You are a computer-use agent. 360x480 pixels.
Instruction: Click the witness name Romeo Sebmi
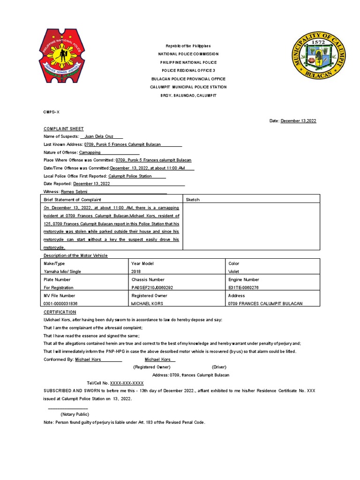(74, 192)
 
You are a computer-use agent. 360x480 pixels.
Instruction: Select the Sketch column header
(193, 200)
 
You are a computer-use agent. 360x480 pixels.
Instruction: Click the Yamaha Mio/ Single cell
(62, 271)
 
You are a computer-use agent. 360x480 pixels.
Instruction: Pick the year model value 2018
(136, 271)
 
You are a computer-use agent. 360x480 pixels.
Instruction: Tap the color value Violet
(233, 271)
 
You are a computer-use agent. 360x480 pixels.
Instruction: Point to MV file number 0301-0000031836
(60, 303)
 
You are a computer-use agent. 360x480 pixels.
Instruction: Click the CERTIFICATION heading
(60, 312)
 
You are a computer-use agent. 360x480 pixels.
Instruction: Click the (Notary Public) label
(74, 414)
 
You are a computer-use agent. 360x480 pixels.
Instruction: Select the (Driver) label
(219, 367)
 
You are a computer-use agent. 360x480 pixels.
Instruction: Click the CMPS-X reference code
(52, 112)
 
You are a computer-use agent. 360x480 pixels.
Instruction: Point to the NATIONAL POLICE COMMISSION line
(188, 54)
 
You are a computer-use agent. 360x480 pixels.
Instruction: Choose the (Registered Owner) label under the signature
(151, 367)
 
